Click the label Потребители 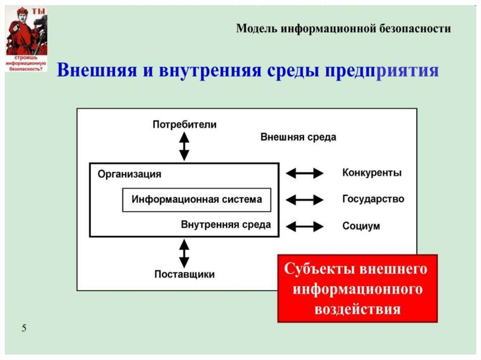point(185,124)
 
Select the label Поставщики point(185,274)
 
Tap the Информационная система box point(196,199)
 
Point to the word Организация point(129,174)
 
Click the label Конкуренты point(372,173)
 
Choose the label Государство point(373,199)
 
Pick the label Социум point(361,226)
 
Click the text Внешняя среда point(298,137)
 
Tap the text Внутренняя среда point(225,224)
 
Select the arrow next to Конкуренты point(304,173)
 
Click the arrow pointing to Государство point(304,200)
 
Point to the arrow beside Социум point(304,227)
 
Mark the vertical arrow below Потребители point(184,146)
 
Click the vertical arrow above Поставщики point(184,253)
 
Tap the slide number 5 point(23,328)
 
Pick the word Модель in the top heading point(256,29)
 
